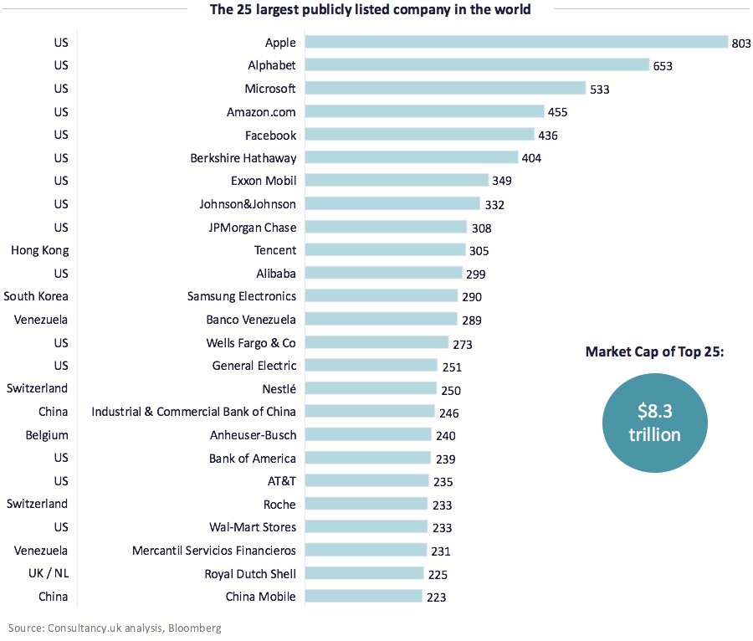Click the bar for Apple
(x=516, y=42)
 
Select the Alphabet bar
(x=477, y=65)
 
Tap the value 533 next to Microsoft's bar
(x=602, y=89)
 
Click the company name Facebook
(x=270, y=135)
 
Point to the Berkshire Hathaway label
(x=244, y=157)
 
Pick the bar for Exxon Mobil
(x=397, y=180)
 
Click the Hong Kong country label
(x=39, y=249)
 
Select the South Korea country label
(x=36, y=295)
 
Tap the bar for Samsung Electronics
(x=382, y=295)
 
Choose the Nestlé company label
(x=279, y=388)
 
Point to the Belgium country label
(x=47, y=435)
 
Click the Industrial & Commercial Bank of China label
(x=193, y=412)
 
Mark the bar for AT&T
(x=366, y=480)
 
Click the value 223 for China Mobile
(x=435, y=597)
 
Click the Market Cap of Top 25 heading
(x=654, y=352)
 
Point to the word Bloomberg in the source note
(x=195, y=627)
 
